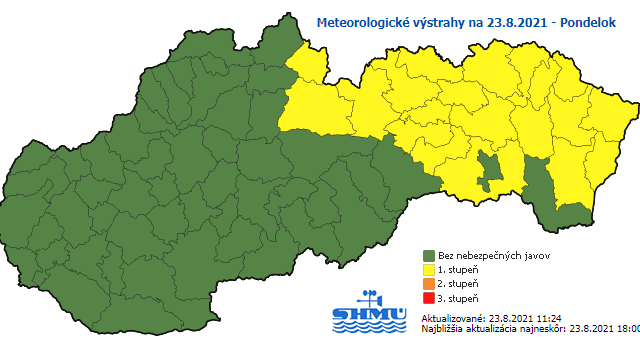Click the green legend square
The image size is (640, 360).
click(x=428, y=255)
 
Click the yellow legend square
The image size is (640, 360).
click(x=428, y=270)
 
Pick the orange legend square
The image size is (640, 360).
click(x=428, y=285)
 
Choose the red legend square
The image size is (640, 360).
click(x=428, y=299)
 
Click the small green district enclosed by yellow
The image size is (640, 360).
click(x=490, y=170)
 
